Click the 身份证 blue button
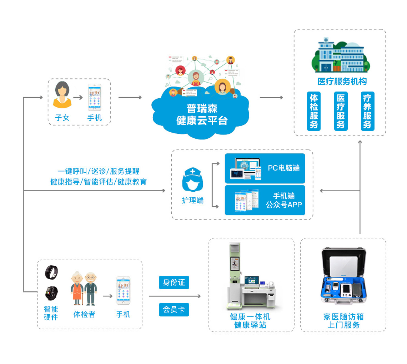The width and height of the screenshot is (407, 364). (174, 282)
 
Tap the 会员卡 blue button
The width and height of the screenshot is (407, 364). (174, 309)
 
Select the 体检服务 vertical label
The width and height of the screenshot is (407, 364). (314, 111)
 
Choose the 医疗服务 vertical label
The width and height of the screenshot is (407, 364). (341, 111)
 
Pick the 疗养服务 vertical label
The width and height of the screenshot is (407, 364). (367, 111)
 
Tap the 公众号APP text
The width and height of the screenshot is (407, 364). (284, 205)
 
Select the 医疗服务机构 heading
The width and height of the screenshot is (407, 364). (342, 82)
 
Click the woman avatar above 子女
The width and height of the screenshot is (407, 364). (62, 95)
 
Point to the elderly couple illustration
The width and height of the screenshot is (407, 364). (84, 288)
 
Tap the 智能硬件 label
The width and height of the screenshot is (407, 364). (51, 313)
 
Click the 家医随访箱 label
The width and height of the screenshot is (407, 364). (343, 317)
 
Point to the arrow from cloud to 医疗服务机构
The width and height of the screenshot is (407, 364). (271, 97)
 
